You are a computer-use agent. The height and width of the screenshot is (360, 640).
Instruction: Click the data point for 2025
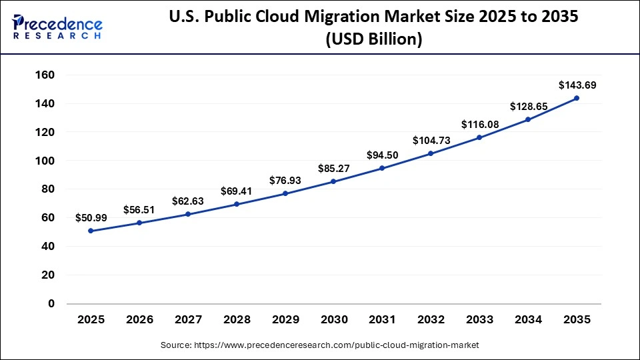click(91, 231)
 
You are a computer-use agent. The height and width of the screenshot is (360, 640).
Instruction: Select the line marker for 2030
click(333, 181)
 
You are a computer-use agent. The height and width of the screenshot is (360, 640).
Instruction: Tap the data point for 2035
click(577, 98)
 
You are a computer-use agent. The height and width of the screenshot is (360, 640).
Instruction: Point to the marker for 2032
click(431, 153)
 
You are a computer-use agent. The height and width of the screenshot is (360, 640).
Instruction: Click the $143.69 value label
click(577, 85)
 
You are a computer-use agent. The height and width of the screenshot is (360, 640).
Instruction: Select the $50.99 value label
click(91, 217)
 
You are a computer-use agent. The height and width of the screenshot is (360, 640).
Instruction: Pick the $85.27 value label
click(333, 168)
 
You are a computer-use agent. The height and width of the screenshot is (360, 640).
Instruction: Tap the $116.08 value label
click(479, 124)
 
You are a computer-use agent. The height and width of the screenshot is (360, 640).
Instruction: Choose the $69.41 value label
click(237, 191)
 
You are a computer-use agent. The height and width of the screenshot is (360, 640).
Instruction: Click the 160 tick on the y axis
click(44, 75)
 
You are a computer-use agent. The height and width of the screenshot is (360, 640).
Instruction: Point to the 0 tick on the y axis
click(51, 304)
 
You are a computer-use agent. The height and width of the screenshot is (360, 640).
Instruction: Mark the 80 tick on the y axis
click(47, 189)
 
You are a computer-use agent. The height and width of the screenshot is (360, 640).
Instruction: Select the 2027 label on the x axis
click(188, 320)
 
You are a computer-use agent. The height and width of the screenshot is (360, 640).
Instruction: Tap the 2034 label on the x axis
click(528, 320)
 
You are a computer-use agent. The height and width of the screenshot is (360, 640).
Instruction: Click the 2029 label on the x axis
click(285, 320)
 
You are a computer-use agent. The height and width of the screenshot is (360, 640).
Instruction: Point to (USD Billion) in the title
click(373, 40)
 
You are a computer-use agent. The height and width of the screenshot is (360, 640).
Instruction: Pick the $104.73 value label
click(431, 140)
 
